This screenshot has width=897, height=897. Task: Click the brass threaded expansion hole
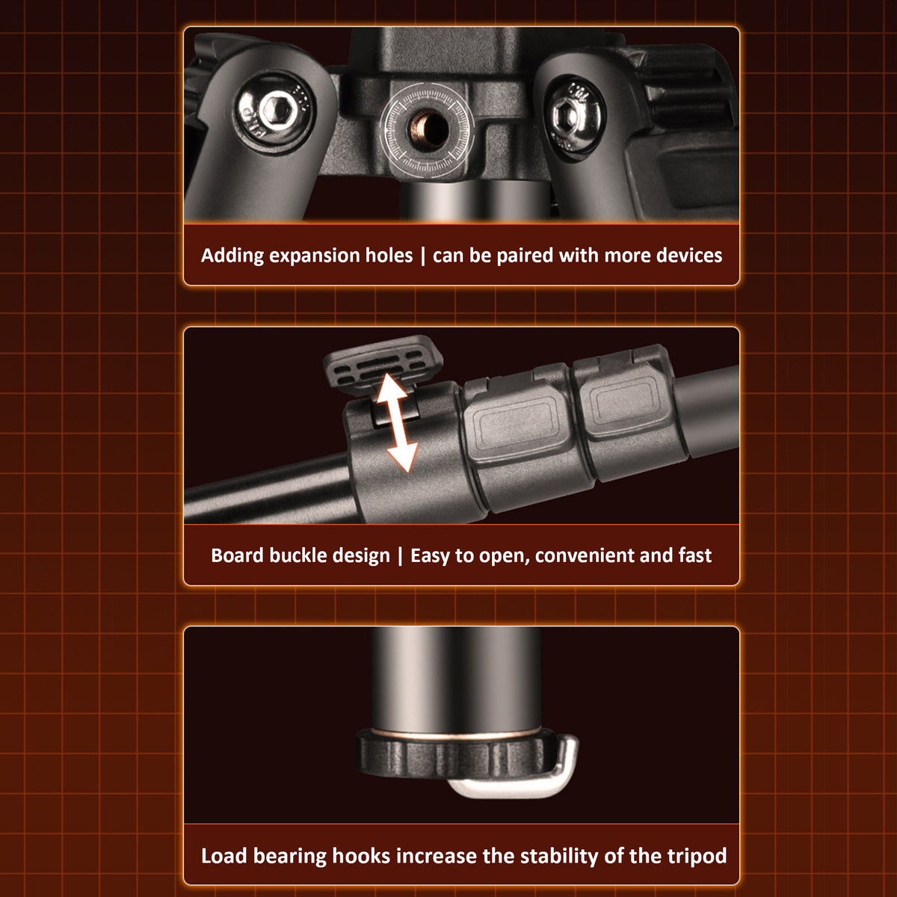[428, 130]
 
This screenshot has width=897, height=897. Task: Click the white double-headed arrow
[397, 424]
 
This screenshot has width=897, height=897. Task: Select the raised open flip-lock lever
[383, 366]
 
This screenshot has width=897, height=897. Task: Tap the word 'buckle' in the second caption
[298, 555]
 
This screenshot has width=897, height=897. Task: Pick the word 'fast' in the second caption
[694, 555]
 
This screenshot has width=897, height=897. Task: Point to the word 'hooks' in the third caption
[361, 856]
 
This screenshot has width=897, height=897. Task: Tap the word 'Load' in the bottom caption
[224, 856]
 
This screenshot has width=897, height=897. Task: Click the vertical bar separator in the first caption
[422, 256]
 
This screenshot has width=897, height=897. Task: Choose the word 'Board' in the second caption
[238, 555]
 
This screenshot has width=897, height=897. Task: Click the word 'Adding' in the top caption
[232, 256]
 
